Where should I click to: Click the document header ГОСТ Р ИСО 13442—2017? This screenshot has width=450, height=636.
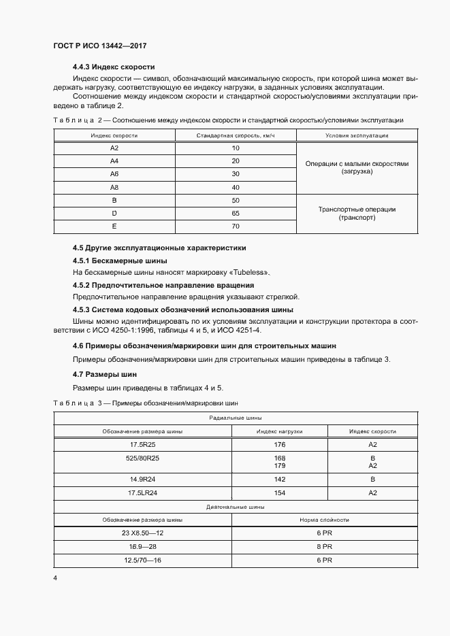pyautogui.click(x=100, y=46)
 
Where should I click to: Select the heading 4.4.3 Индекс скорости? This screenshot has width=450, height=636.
pyautogui.click(x=114, y=67)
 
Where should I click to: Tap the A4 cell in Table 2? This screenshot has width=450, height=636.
pyautogui.click(x=114, y=161)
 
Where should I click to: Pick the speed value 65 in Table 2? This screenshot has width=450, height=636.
pyautogui.click(x=236, y=214)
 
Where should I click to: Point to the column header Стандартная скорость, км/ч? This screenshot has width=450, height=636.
pyautogui.click(x=236, y=135)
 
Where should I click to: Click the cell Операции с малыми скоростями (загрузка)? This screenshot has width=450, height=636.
pyautogui.click(x=357, y=168)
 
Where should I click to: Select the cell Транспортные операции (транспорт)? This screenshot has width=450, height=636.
pyautogui.click(x=357, y=214)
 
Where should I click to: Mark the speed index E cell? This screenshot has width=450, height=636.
pyautogui.click(x=114, y=227)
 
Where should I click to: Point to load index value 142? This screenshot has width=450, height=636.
pyautogui.click(x=279, y=479)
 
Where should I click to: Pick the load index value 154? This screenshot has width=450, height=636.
pyautogui.click(x=279, y=492)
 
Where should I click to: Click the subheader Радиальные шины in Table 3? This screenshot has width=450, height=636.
pyautogui.click(x=236, y=418)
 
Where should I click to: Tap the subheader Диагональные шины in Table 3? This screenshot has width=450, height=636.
pyautogui.click(x=236, y=506)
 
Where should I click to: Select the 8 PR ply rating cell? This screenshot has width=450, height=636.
pyautogui.click(x=324, y=546)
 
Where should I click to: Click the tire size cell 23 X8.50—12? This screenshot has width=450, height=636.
pyautogui.click(x=142, y=533)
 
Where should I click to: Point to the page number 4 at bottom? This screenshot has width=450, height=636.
pyautogui.click(x=55, y=578)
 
